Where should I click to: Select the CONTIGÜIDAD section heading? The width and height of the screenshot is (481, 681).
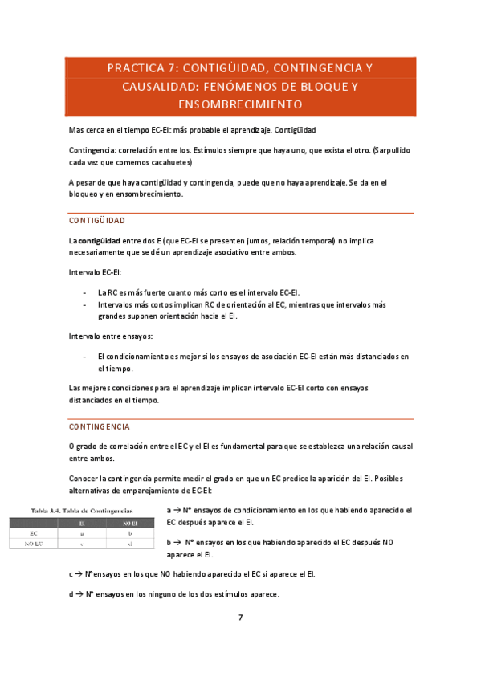click(x=97, y=220)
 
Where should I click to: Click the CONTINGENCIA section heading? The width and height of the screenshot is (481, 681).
click(x=100, y=426)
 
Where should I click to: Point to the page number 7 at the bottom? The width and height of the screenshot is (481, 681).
click(x=240, y=618)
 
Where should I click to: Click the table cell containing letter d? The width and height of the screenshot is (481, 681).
click(x=130, y=544)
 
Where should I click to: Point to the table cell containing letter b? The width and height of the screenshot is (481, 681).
click(x=130, y=532)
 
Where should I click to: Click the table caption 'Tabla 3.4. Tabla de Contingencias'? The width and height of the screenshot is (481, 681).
click(x=81, y=510)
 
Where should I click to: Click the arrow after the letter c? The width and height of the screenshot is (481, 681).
click(x=80, y=574)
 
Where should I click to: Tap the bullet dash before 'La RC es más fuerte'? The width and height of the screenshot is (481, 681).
click(x=84, y=293)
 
